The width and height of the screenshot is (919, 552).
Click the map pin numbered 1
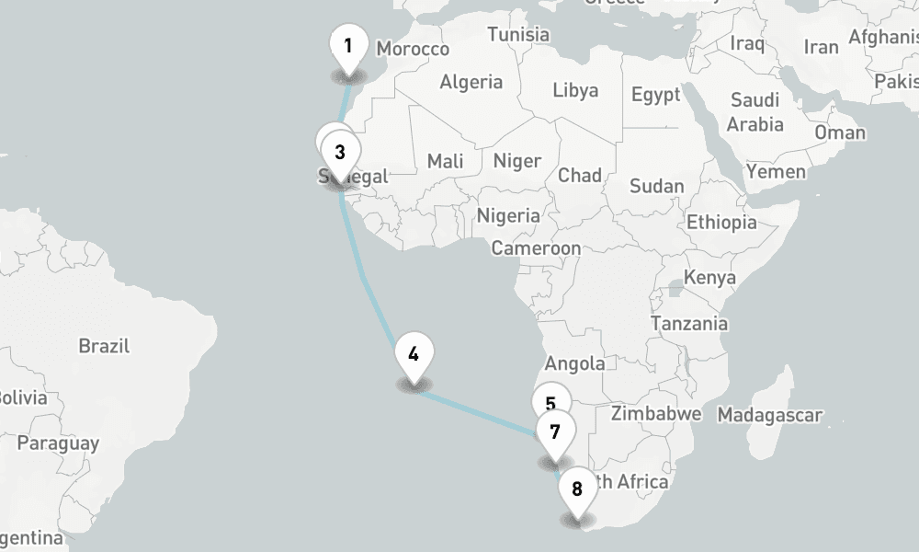click(x=348, y=47)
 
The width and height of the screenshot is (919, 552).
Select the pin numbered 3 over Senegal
click(x=340, y=153)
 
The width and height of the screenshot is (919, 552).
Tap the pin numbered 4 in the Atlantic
click(x=414, y=354)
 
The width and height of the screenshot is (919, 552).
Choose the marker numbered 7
click(x=555, y=431)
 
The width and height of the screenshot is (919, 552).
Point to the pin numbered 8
click(x=577, y=489)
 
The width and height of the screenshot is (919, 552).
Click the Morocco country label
click(x=413, y=49)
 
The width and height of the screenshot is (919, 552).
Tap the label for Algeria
click(x=471, y=82)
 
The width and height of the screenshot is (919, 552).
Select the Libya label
click(x=575, y=90)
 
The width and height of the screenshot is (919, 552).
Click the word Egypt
click(x=655, y=95)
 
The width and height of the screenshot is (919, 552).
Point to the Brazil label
click(x=104, y=347)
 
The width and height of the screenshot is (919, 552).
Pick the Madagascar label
click(x=769, y=415)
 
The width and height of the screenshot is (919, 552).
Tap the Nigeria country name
click(x=508, y=215)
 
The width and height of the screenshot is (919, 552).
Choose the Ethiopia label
click(x=721, y=222)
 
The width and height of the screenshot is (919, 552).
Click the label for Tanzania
click(x=688, y=323)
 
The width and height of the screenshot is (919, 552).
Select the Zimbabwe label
click(x=655, y=413)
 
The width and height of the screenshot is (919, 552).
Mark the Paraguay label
click(x=58, y=443)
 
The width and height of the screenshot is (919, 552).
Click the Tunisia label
click(x=517, y=34)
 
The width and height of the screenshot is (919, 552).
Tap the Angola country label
click(x=574, y=363)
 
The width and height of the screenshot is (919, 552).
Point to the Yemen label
click(x=776, y=171)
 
